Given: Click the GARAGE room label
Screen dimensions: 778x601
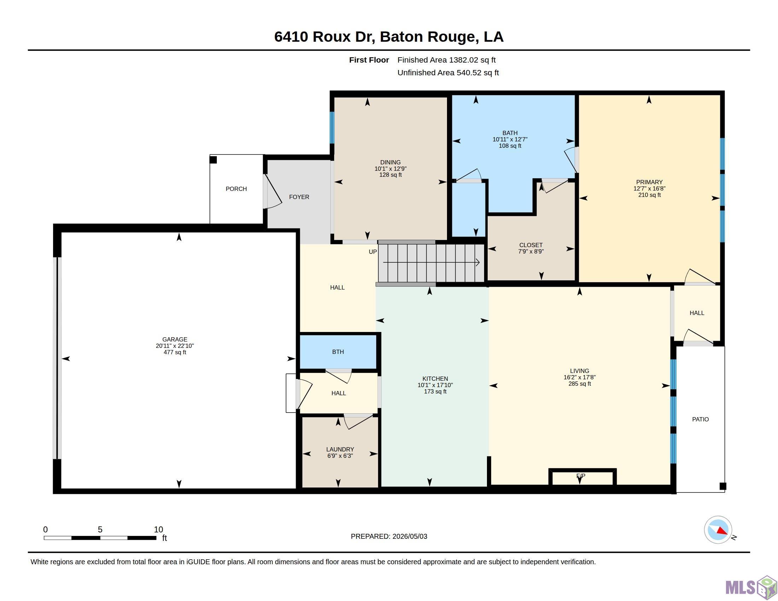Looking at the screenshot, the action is (175, 339).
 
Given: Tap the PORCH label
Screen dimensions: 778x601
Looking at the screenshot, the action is (236, 189).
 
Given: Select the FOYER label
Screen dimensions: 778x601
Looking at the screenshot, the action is (299, 197).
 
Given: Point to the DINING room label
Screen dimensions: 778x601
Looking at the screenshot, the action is (390, 162).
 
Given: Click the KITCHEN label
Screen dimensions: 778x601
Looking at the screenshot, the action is (435, 379).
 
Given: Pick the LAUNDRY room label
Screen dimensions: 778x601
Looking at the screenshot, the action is (340, 449).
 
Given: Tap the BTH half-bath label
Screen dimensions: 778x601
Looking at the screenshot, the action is (338, 352).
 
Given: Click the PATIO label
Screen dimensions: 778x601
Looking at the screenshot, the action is (700, 419).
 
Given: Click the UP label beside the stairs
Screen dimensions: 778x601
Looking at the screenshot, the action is (373, 252).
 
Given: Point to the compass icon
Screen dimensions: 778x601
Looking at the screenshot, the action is (718, 530).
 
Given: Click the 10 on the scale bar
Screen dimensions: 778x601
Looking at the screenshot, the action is (158, 530).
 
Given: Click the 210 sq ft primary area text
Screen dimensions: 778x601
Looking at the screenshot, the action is (649, 195).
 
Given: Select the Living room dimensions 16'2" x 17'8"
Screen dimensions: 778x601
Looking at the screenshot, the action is (580, 378).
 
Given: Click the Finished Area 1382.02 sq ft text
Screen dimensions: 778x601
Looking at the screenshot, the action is (446, 60).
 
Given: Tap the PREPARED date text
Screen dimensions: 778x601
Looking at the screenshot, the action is (389, 536).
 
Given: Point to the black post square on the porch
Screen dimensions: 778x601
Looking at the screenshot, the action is (213, 160).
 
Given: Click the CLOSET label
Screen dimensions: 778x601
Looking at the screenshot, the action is (531, 245).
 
